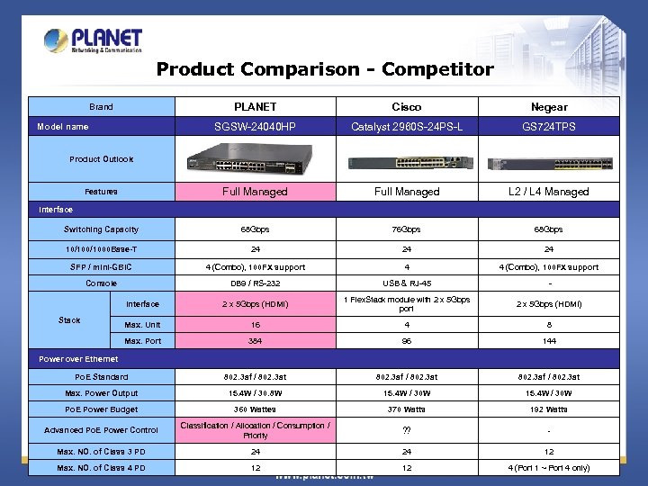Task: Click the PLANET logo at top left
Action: pyautogui.click(x=93, y=40)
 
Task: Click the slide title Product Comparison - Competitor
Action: pyautogui.click(x=325, y=69)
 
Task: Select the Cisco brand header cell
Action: pyautogui.click(x=406, y=107)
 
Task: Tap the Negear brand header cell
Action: pyautogui.click(x=549, y=107)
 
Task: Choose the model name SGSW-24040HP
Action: pyautogui.click(x=255, y=127)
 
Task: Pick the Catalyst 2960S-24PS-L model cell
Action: pyautogui.click(x=406, y=127)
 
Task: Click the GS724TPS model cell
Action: pyautogui.click(x=549, y=127)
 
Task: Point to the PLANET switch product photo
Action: pyautogui.click(x=255, y=162)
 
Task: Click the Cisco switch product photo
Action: pyautogui.click(x=406, y=163)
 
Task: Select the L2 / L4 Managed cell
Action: pyautogui.click(x=549, y=192)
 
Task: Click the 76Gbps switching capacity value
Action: pyautogui.click(x=406, y=229)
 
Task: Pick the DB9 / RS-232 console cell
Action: pyautogui.click(x=255, y=283)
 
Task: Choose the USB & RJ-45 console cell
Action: pyautogui.click(x=406, y=283)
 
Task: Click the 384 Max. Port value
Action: pyautogui.click(x=255, y=341)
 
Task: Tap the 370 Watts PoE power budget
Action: pyautogui.click(x=406, y=409)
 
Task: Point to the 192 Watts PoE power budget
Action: pyautogui.click(x=549, y=409)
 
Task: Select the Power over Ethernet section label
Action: pyautogui.click(x=78, y=359)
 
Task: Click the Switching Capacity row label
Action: pyautogui.click(x=101, y=229)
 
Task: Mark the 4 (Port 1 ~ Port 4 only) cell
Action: pyautogui.click(x=549, y=468)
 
